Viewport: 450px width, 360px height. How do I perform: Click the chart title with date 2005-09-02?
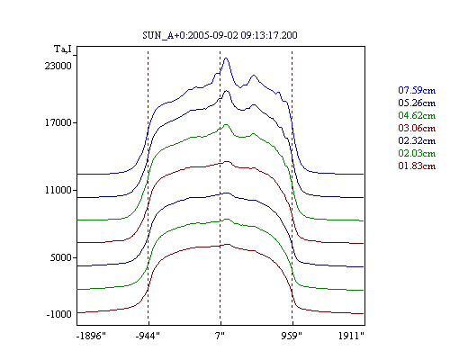pyautogui.click(x=220, y=35)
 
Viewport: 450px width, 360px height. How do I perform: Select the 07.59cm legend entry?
pyautogui.click(x=417, y=90)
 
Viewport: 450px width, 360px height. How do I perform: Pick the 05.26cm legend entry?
pyautogui.click(x=417, y=103)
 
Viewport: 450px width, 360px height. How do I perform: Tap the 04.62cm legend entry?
pyautogui.click(x=417, y=115)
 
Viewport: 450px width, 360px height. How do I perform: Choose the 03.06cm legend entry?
pyautogui.click(x=417, y=128)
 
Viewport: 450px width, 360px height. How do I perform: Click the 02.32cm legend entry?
pyautogui.click(x=417, y=140)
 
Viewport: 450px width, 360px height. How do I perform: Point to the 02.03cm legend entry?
pyautogui.click(x=417, y=153)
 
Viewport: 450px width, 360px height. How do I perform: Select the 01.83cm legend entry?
pyautogui.click(x=417, y=166)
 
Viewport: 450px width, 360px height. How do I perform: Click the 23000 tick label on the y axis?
pyautogui.click(x=58, y=66)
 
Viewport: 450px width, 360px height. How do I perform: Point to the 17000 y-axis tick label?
pyautogui.click(x=58, y=122)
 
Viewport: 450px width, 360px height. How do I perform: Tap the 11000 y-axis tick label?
pyautogui.click(x=58, y=190)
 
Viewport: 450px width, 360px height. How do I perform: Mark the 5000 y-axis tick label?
pyautogui.click(x=60, y=257)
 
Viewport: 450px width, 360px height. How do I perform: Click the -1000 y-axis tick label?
pyautogui.click(x=58, y=314)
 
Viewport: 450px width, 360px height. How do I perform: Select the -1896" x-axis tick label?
pyautogui.click(x=91, y=336)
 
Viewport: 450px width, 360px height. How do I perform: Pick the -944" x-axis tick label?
pyautogui.click(x=148, y=336)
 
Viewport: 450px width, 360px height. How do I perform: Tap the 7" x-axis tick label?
pyautogui.click(x=220, y=336)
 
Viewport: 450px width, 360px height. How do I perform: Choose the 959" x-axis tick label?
pyautogui.click(x=292, y=336)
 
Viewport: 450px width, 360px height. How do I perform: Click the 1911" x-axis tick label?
pyautogui.click(x=351, y=336)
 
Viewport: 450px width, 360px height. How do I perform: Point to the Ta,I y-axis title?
pyautogui.click(x=63, y=49)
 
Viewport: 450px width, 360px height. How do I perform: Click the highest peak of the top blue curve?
pyautogui.click(x=226, y=58)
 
